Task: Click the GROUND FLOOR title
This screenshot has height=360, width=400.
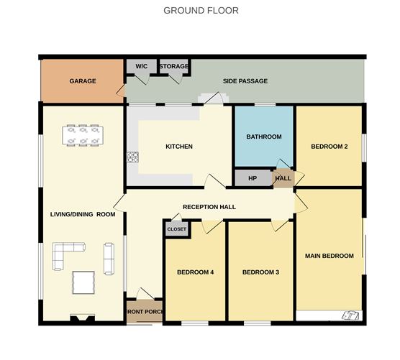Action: click(x=201, y=11)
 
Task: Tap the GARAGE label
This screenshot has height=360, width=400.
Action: click(x=83, y=81)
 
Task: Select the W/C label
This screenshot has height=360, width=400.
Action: click(x=141, y=67)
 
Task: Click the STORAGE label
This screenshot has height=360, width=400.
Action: click(x=174, y=67)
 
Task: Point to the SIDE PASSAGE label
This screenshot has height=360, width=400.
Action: click(x=245, y=81)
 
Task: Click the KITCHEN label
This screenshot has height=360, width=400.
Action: click(x=179, y=147)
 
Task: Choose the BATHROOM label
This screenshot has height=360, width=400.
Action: click(x=264, y=137)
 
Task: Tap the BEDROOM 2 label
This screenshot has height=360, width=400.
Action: click(x=329, y=147)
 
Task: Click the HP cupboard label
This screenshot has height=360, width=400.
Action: click(x=253, y=178)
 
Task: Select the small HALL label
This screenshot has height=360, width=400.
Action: click(x=283, y=178)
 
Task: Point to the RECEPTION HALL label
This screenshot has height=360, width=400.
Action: click(x=209, y=207)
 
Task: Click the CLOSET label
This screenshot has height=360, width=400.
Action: click(x=176, y=229)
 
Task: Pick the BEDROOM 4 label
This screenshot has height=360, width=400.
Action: click(x=196, y=272)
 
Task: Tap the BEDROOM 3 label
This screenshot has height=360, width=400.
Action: click(x=260, y=272)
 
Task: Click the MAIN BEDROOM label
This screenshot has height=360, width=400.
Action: click(x=329, y=256)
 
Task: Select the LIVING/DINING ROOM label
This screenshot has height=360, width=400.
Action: click(x=83, y=214)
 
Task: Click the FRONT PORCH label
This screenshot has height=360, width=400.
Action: click(x=144, y=312)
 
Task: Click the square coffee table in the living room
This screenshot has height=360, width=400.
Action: click(x=83, y=282)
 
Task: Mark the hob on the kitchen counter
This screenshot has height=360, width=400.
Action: click(x=132, y=156)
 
